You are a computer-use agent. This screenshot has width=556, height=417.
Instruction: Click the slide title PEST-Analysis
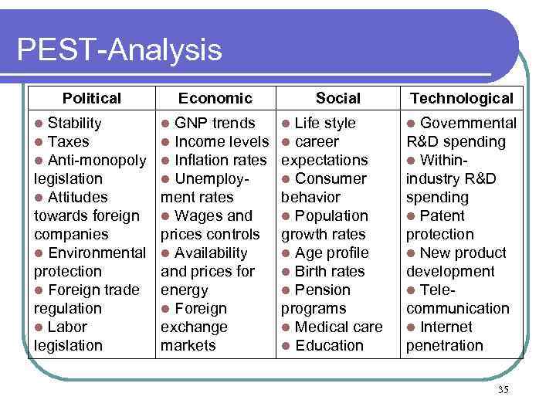coord(119,51)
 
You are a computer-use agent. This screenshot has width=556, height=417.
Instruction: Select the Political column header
coord(92,98)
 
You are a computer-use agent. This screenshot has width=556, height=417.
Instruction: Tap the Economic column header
coord(215,98)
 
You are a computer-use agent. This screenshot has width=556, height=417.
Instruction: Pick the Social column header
coord(337,98)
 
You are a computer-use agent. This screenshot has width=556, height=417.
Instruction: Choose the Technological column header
coord(462,98)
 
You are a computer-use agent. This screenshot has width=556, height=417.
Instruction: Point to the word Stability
coord(74,123)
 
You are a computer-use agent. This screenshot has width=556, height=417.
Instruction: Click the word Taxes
coord(69,141)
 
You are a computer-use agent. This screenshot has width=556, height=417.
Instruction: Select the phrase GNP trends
coord(215,123)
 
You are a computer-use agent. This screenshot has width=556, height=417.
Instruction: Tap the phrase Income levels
coord(222,141)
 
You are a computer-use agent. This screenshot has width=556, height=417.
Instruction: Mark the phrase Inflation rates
coord(222,160)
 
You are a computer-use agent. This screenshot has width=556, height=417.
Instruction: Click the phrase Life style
coord(325,123)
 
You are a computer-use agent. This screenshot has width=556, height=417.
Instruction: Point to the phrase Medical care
coord(338,327)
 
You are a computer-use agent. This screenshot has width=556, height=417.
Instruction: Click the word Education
coord(329,345)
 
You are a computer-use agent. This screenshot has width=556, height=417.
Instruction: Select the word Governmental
coord(468,123)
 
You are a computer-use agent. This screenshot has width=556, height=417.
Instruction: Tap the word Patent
coord(442,215)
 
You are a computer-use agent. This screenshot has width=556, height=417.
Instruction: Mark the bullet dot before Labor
coord(39,327)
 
